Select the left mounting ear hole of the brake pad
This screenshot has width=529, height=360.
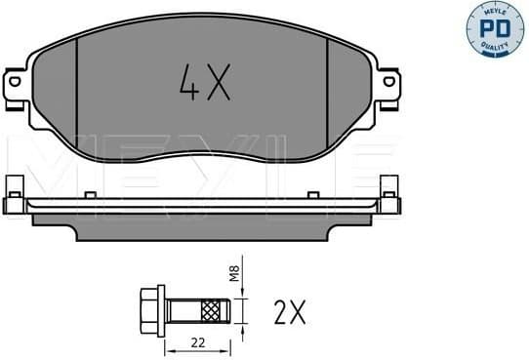pyautogui.click(x=17, y=83)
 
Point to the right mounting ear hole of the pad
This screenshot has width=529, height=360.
pyautogui.click(x=387, y=83)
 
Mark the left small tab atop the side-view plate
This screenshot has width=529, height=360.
pyautogui.click(x=90, y=196)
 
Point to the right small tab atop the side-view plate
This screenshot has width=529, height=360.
pyautogui.click(x=314, y=196)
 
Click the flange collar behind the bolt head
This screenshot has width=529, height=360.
pyautogui.click(x=162, y=310)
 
